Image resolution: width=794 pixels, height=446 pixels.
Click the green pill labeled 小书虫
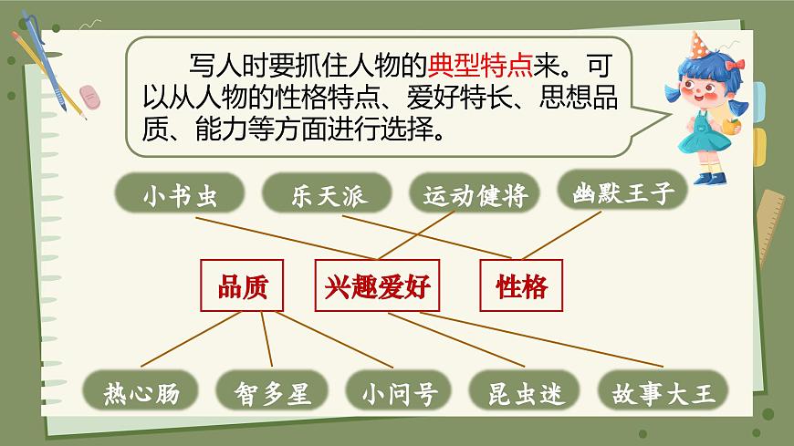(x=180, y=196)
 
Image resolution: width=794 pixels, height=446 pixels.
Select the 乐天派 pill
(x=327, y=196)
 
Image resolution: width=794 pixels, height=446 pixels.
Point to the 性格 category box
(x=521, y=287)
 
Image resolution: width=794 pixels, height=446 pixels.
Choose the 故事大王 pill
(x=663, y=394)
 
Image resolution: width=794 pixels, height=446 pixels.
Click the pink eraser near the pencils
(x=92, y=96)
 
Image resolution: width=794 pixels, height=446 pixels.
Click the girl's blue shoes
(x=708, y=178)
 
